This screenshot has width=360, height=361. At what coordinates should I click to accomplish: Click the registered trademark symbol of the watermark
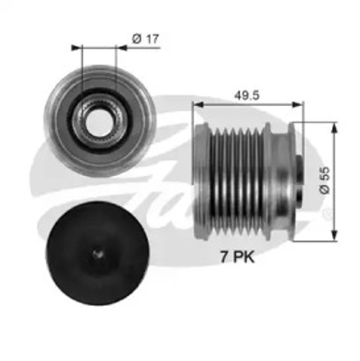[x=326, y=215]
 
